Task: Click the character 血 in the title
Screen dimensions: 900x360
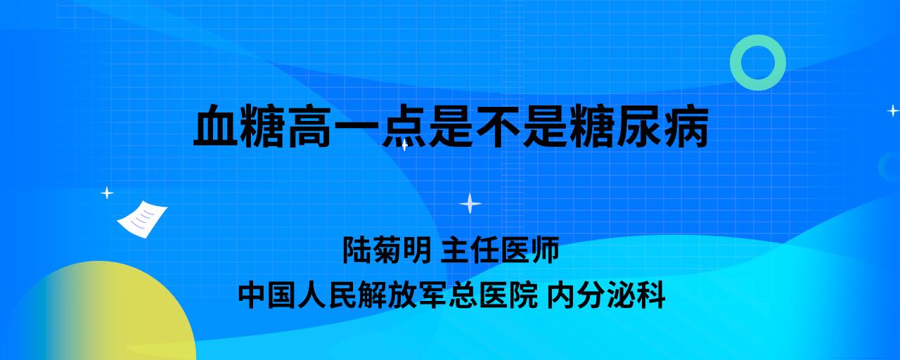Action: tap(216, 125)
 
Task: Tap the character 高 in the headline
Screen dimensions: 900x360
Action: tap(310, 125)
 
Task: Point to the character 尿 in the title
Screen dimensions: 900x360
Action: tap(639, 125)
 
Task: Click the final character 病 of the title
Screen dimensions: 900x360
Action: tap(686, 125)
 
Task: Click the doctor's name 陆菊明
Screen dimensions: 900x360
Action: tap(387, 250)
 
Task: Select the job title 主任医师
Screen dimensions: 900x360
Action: tap(500, 250)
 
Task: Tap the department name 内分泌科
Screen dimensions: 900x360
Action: tap(606, 295)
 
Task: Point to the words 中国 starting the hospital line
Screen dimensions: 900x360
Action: tap(268, 295)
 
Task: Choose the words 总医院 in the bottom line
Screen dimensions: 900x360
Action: tap(493, 295)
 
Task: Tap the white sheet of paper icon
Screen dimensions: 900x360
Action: tap(142, 219)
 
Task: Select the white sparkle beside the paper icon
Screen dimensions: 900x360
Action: tap(107, 193)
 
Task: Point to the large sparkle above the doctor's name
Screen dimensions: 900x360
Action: tap(470, 204)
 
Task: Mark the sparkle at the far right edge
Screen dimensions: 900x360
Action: tap(893, 110)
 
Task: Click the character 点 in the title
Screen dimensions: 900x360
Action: tap(404, 125)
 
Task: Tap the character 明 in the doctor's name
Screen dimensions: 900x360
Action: tap(418, 250)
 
